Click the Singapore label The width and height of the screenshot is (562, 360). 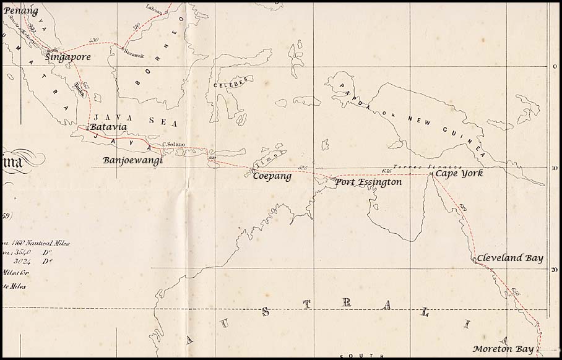pyautogui.click(x=68, y=57)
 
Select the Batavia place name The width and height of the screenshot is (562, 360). pyautogui.click(x=108, y=127)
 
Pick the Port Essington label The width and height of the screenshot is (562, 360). pyautogui.click(x=368, y=182)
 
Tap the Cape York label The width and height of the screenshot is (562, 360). pyautogui.click(x=459, y=173)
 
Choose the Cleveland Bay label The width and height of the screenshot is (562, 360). pyautogui.click(x=509, y=258)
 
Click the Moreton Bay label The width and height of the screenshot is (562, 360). pyautogui.click(x=503, y=348)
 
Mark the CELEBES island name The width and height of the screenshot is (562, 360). pyautogui.click(x=230, y=82)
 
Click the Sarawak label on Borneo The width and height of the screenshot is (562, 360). pyautogui.click(x=134, y=54)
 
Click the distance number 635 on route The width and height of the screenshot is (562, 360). pyautogui.click(x=387, y=170)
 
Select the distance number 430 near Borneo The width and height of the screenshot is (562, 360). pyautogui.click(x=94, y=40)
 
